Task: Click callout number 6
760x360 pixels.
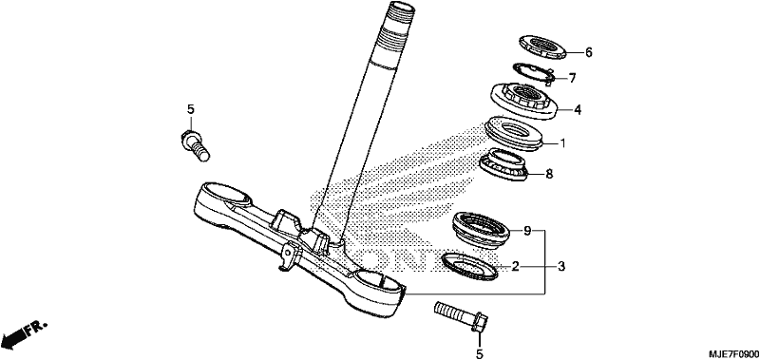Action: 588,52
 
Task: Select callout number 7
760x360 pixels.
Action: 572,78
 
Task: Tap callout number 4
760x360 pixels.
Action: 578,110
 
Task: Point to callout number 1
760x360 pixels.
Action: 562,143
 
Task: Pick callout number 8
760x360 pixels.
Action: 549,174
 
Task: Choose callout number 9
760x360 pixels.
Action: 528,230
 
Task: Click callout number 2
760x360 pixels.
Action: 515,266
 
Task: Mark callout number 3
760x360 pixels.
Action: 561,266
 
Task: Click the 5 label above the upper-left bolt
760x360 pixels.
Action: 191,109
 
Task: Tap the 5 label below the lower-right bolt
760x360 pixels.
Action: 480,354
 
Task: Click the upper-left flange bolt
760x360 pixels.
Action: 195,145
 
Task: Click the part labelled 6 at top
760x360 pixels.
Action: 542,47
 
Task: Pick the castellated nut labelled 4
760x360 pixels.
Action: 523,102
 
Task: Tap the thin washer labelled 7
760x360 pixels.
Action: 533,74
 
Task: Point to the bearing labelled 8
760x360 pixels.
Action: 503,165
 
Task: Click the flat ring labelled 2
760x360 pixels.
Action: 470,265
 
